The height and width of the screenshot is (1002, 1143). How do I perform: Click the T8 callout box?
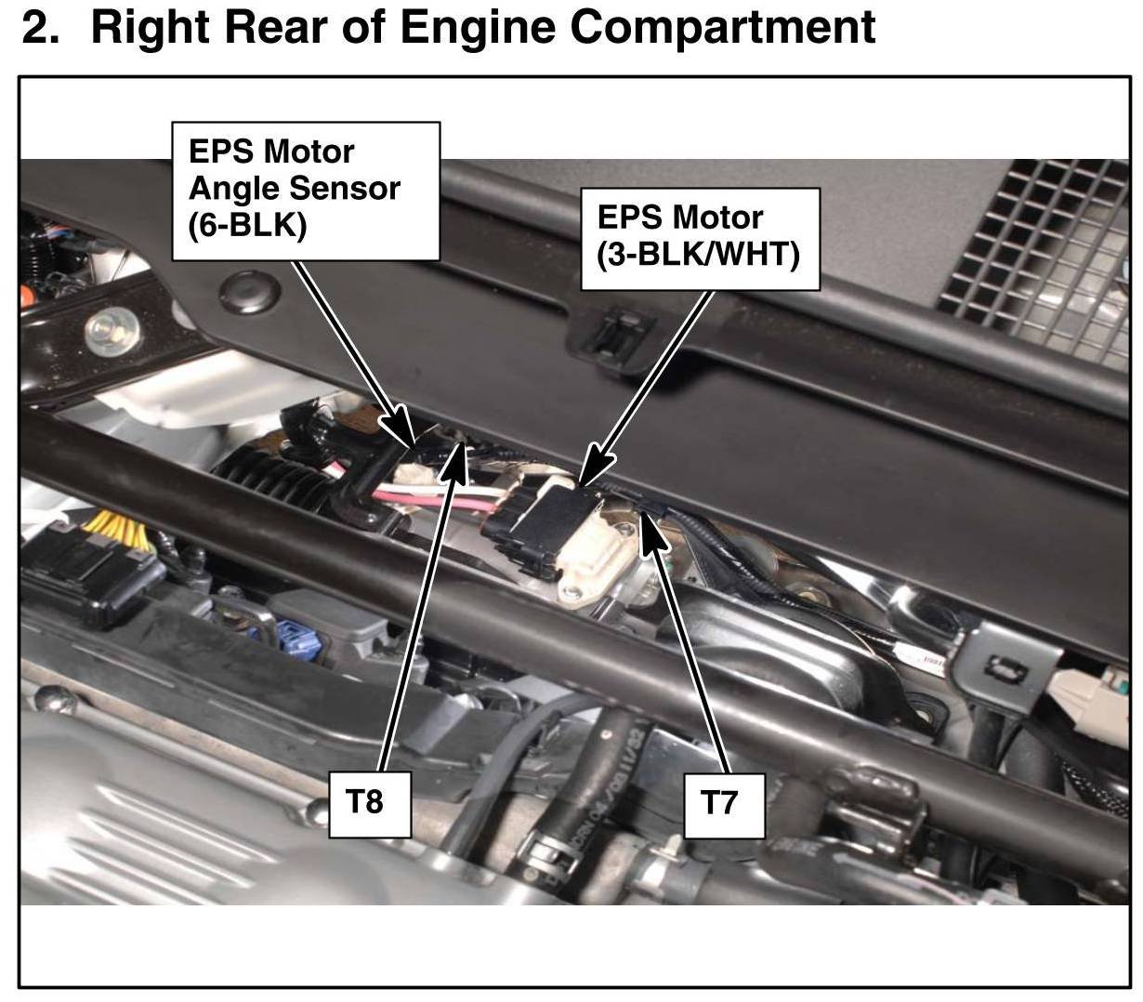coord(370,804)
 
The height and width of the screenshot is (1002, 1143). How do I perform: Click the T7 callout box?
coord(724,806)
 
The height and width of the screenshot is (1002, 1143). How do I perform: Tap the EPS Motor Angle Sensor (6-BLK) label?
coord(306,191)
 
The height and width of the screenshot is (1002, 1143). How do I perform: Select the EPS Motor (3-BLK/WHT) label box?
coord(700,239)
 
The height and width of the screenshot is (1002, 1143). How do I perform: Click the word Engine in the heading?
coord(478,27)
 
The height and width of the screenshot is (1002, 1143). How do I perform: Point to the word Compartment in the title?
coord(722,27)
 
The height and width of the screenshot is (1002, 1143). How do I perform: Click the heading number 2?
coord(41,27)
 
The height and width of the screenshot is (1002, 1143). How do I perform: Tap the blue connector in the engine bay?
coord(294,639)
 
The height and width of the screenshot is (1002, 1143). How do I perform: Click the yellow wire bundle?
coord(117,530)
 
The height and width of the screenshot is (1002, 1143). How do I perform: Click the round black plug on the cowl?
coord(249,293)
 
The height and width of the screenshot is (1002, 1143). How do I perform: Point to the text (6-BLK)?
coord(247,225)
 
